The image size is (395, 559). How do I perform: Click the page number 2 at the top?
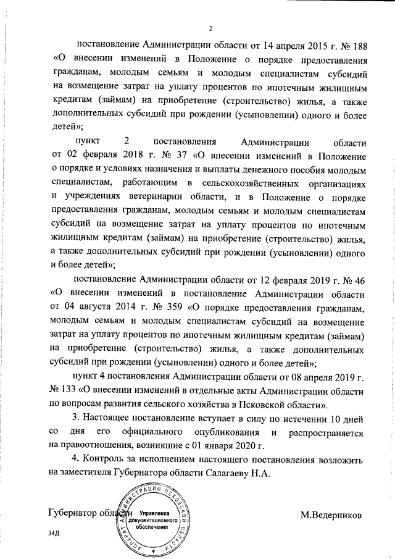coord(210,28)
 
